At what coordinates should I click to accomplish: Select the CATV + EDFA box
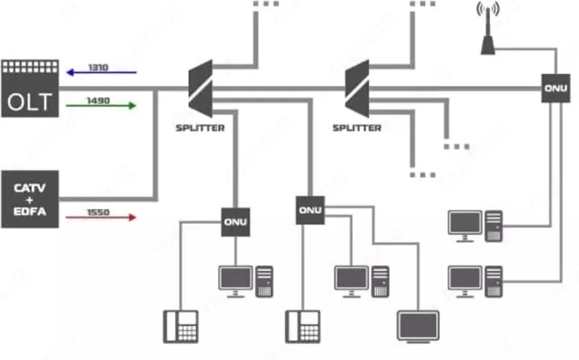pyautogui.click(x=30, y=198)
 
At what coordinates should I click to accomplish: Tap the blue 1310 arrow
pyautogui.click(x=101, y=73)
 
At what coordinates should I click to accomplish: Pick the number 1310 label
pyautogui.click(x=98, y=67)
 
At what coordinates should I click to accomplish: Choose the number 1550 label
pyautogui.click(x=98, y=211)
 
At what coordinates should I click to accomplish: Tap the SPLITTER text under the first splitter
pyautogui.click(x=200, y=128)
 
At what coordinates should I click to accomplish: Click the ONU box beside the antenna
pyautogui.click(x=555, y=88)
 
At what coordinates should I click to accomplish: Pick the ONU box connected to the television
pyautogui.click(x=310, y=210)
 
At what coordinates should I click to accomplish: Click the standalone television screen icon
pyautogui.click(x=418, y=326)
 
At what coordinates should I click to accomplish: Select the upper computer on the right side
pyautogui.click(x=475, y=225)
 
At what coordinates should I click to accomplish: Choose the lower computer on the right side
pyautogui.click(x=475, y=281)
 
